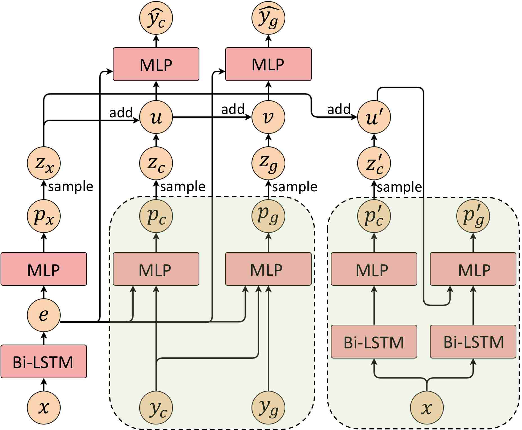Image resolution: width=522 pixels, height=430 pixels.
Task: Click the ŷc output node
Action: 156,18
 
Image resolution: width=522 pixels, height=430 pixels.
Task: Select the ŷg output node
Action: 268,18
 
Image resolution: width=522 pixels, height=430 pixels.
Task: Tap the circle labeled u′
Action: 374,117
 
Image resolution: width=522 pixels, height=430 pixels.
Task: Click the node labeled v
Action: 268,117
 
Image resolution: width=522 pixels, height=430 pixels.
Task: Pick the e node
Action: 44,315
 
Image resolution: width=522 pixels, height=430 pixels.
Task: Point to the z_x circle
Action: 44,163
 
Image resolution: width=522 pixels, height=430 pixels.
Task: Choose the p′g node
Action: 473,216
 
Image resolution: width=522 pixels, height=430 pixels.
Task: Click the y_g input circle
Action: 268,407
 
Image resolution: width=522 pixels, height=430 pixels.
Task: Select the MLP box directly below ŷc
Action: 156,64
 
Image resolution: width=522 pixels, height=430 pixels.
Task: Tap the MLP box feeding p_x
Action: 44,269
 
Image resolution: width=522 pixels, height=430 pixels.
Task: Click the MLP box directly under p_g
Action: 268,269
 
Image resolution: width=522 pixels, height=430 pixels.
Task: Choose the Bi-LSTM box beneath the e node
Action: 44,361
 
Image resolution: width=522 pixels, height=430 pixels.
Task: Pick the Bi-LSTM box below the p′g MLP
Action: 473,342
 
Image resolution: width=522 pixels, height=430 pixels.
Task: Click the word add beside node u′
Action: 339,109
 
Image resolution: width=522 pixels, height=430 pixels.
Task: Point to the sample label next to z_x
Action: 71,187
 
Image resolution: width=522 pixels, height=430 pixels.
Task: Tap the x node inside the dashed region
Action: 427,407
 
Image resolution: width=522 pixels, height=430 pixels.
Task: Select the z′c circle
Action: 374,163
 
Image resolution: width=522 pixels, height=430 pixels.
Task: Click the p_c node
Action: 156,216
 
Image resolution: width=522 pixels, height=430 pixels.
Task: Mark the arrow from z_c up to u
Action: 156,140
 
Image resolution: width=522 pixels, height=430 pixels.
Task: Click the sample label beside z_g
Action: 295,187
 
